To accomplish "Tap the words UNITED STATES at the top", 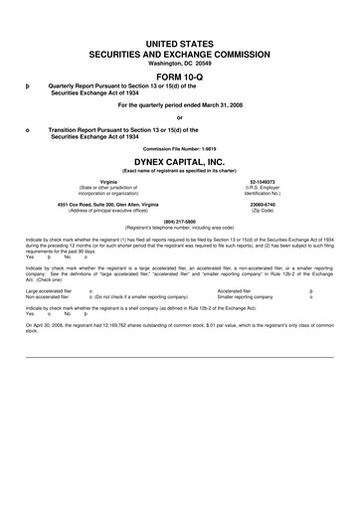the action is point(180,33).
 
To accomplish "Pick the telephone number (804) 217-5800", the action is point(180,221).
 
